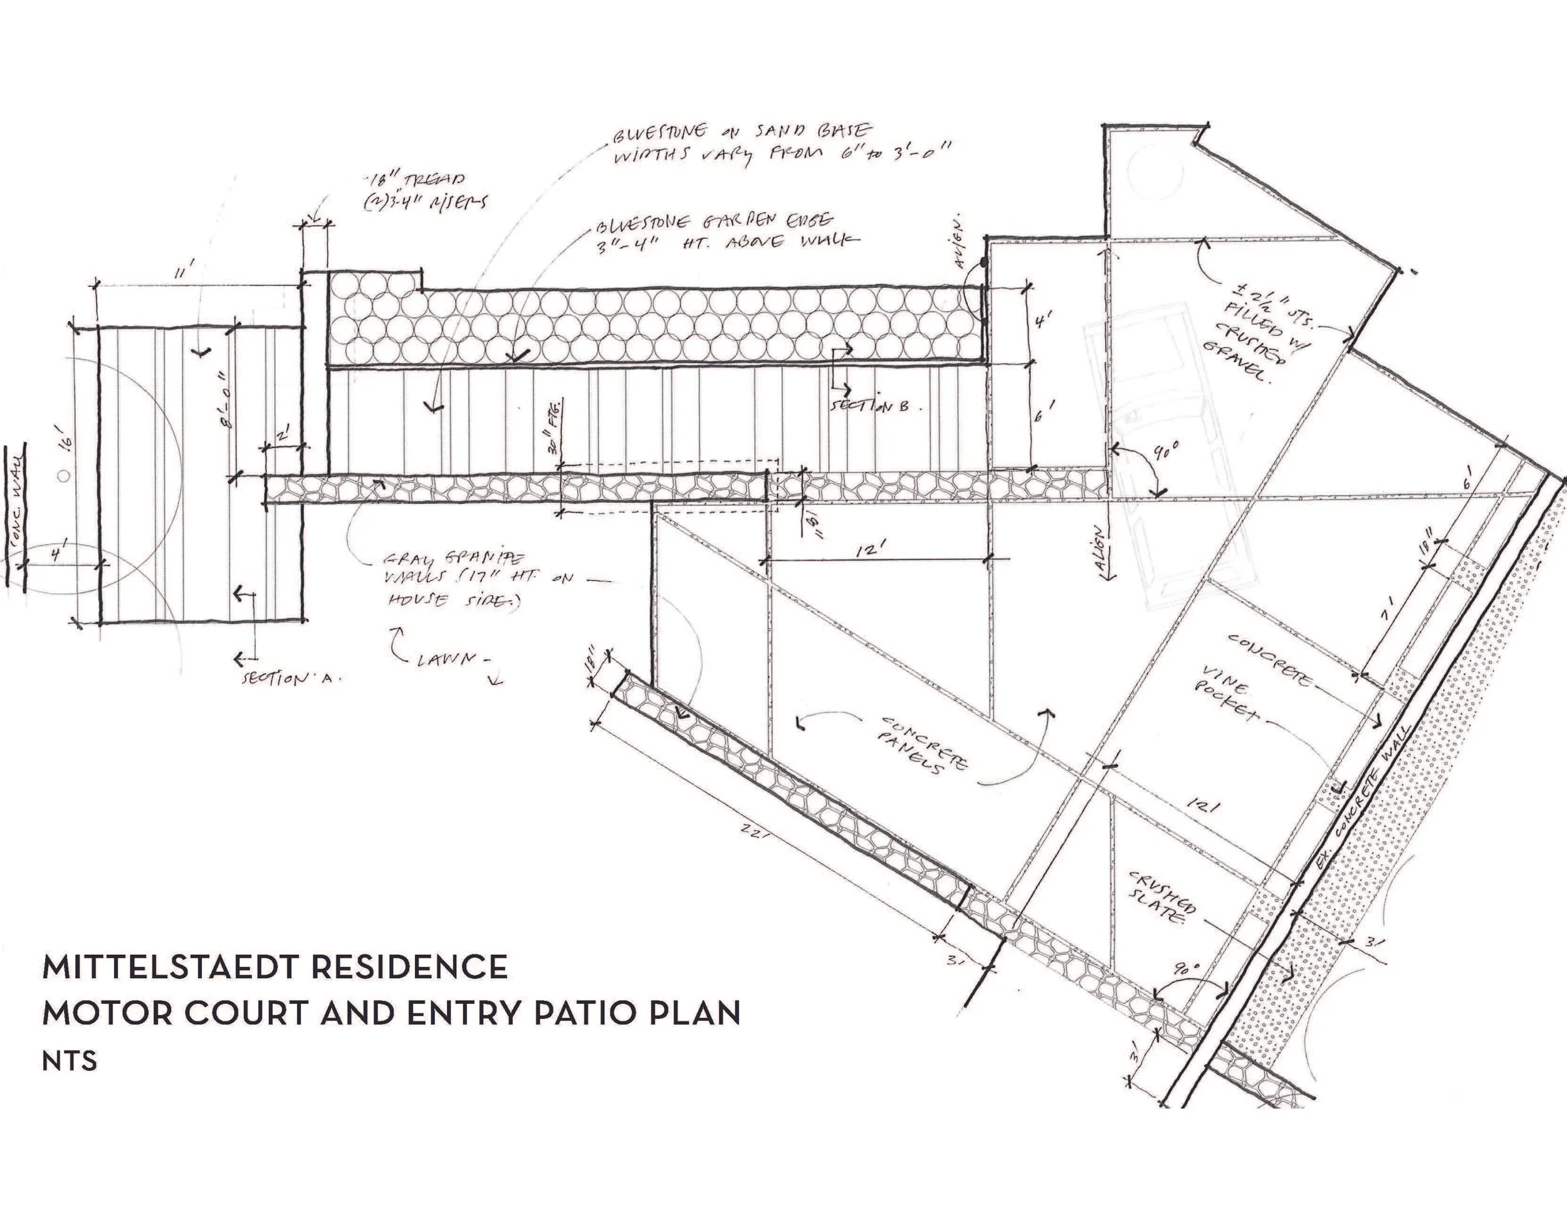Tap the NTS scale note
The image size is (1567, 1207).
pos(69,1061)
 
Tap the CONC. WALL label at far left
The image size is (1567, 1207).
pos(16,498)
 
